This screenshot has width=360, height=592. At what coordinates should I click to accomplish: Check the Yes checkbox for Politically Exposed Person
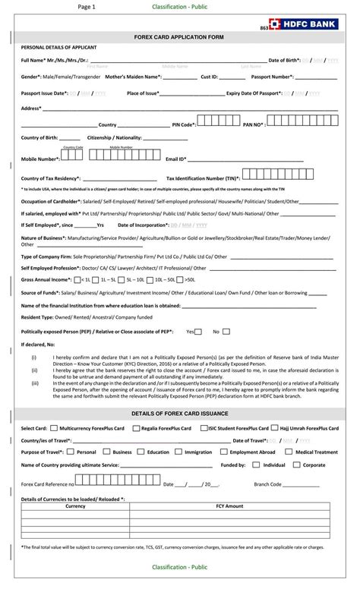(x=199, y=331)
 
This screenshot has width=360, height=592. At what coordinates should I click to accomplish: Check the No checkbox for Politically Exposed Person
(x=226, y=331)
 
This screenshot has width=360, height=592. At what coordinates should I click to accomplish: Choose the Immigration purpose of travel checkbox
(x=179, y=452)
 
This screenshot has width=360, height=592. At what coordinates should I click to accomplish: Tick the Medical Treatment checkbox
(x=290, y=452)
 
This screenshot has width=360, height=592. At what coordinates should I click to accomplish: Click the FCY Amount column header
(x=229, y=505)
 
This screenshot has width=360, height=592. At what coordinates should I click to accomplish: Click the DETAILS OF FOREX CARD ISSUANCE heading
(x=179, y=413)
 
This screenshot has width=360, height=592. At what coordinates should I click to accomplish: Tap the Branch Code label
(x=268, y=483)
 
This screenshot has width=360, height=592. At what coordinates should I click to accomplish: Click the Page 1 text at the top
(x=87, y=6)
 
